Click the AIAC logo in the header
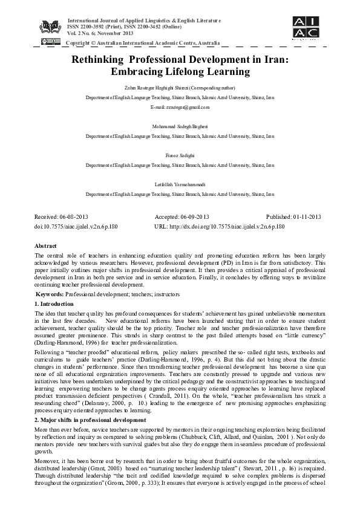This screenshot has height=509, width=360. point(306,27)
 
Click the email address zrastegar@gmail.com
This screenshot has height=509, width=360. point(180,107)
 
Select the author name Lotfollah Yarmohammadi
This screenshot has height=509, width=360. point(180,182)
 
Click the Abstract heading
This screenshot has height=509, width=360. point(45,247)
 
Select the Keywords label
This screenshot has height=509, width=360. point(49,293)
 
